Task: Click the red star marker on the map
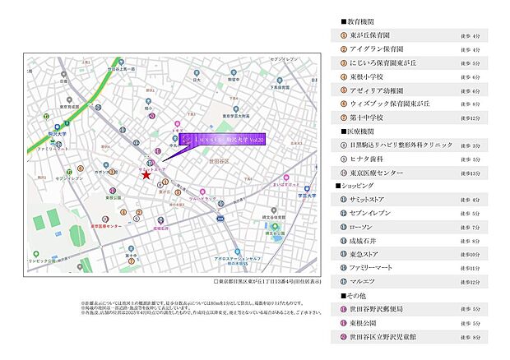pyautogui.click(x=146, y=174)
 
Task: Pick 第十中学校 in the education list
pyautogui.click(x=369, y=118)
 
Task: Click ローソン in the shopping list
pyautogui.click(x=366, y=228)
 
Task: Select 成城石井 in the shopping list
pyautogui.click(x=368, y=241)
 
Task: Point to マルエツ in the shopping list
pyautogui.click(x=367, y=283)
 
